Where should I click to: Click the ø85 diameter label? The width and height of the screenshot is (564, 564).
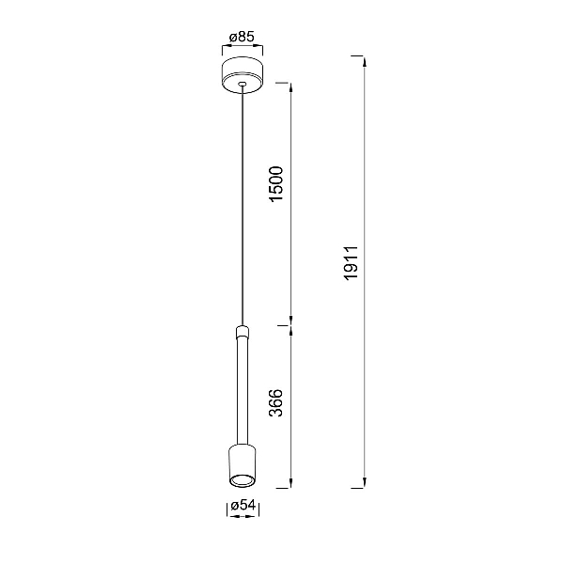coord(243,37)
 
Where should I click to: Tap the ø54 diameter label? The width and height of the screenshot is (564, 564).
coord(243,506)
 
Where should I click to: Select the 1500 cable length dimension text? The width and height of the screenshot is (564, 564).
coord(277,184)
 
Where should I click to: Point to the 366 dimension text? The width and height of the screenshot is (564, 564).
coord(276,403)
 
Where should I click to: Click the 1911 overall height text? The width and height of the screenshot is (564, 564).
coord(351,263)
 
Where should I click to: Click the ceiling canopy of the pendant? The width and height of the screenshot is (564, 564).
coord(243,74)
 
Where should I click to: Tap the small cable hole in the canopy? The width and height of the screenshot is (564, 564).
coord(243,85)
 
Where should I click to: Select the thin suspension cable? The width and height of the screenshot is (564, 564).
coord(243,206)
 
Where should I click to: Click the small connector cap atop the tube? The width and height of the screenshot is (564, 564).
coord(243,332)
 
